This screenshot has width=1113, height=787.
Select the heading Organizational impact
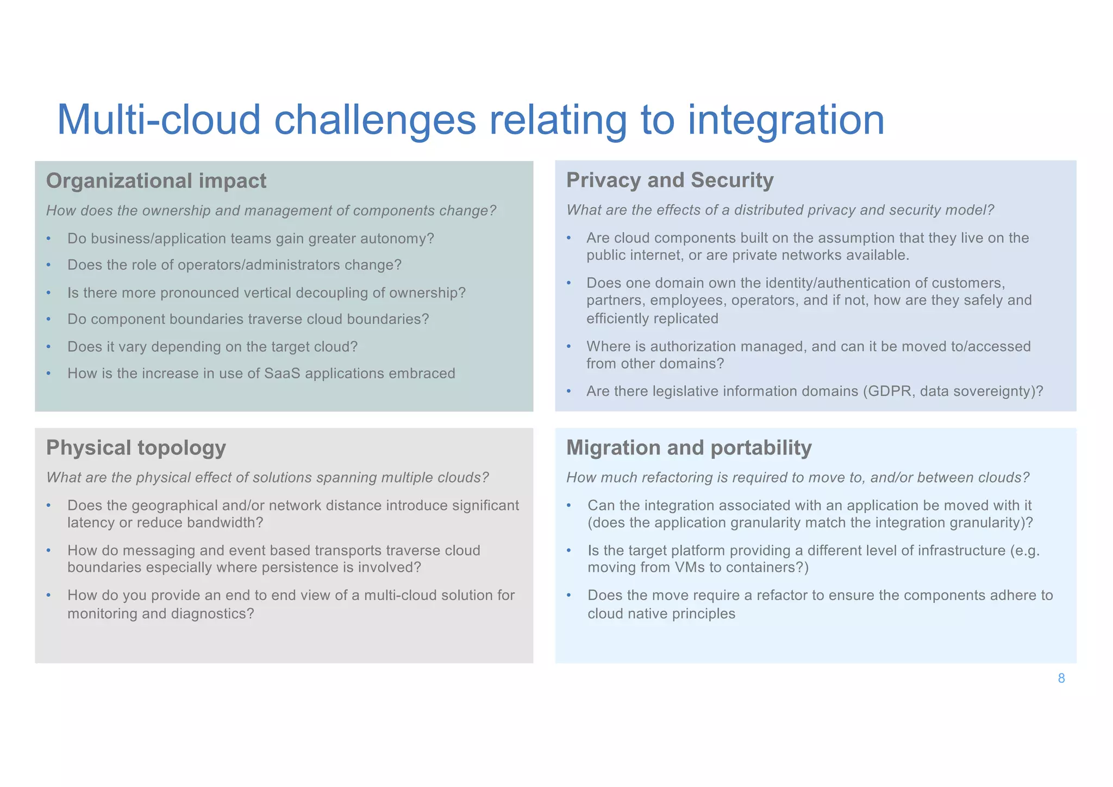(x=156, y=181)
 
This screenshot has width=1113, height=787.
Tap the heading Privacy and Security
(x=670, y=180)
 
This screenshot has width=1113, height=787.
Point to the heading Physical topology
(x=136, y=448)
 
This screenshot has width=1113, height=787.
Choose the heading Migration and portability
(x=689, y=448)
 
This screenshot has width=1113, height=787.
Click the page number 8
(x=1061, y=678)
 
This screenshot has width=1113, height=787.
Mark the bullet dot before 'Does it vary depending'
(x=48, y=347)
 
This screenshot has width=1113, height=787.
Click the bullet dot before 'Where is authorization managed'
(x=568, y=346)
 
